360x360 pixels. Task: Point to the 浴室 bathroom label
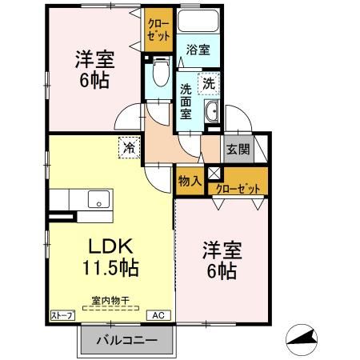[198, 50]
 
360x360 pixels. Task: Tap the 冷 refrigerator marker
[127, 146]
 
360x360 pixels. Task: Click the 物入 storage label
[189, 182]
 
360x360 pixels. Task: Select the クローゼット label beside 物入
[238, 190]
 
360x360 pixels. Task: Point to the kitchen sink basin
[98, 200]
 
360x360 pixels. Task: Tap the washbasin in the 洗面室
[214, 113]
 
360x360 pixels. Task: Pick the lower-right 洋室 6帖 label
[219, 261]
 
